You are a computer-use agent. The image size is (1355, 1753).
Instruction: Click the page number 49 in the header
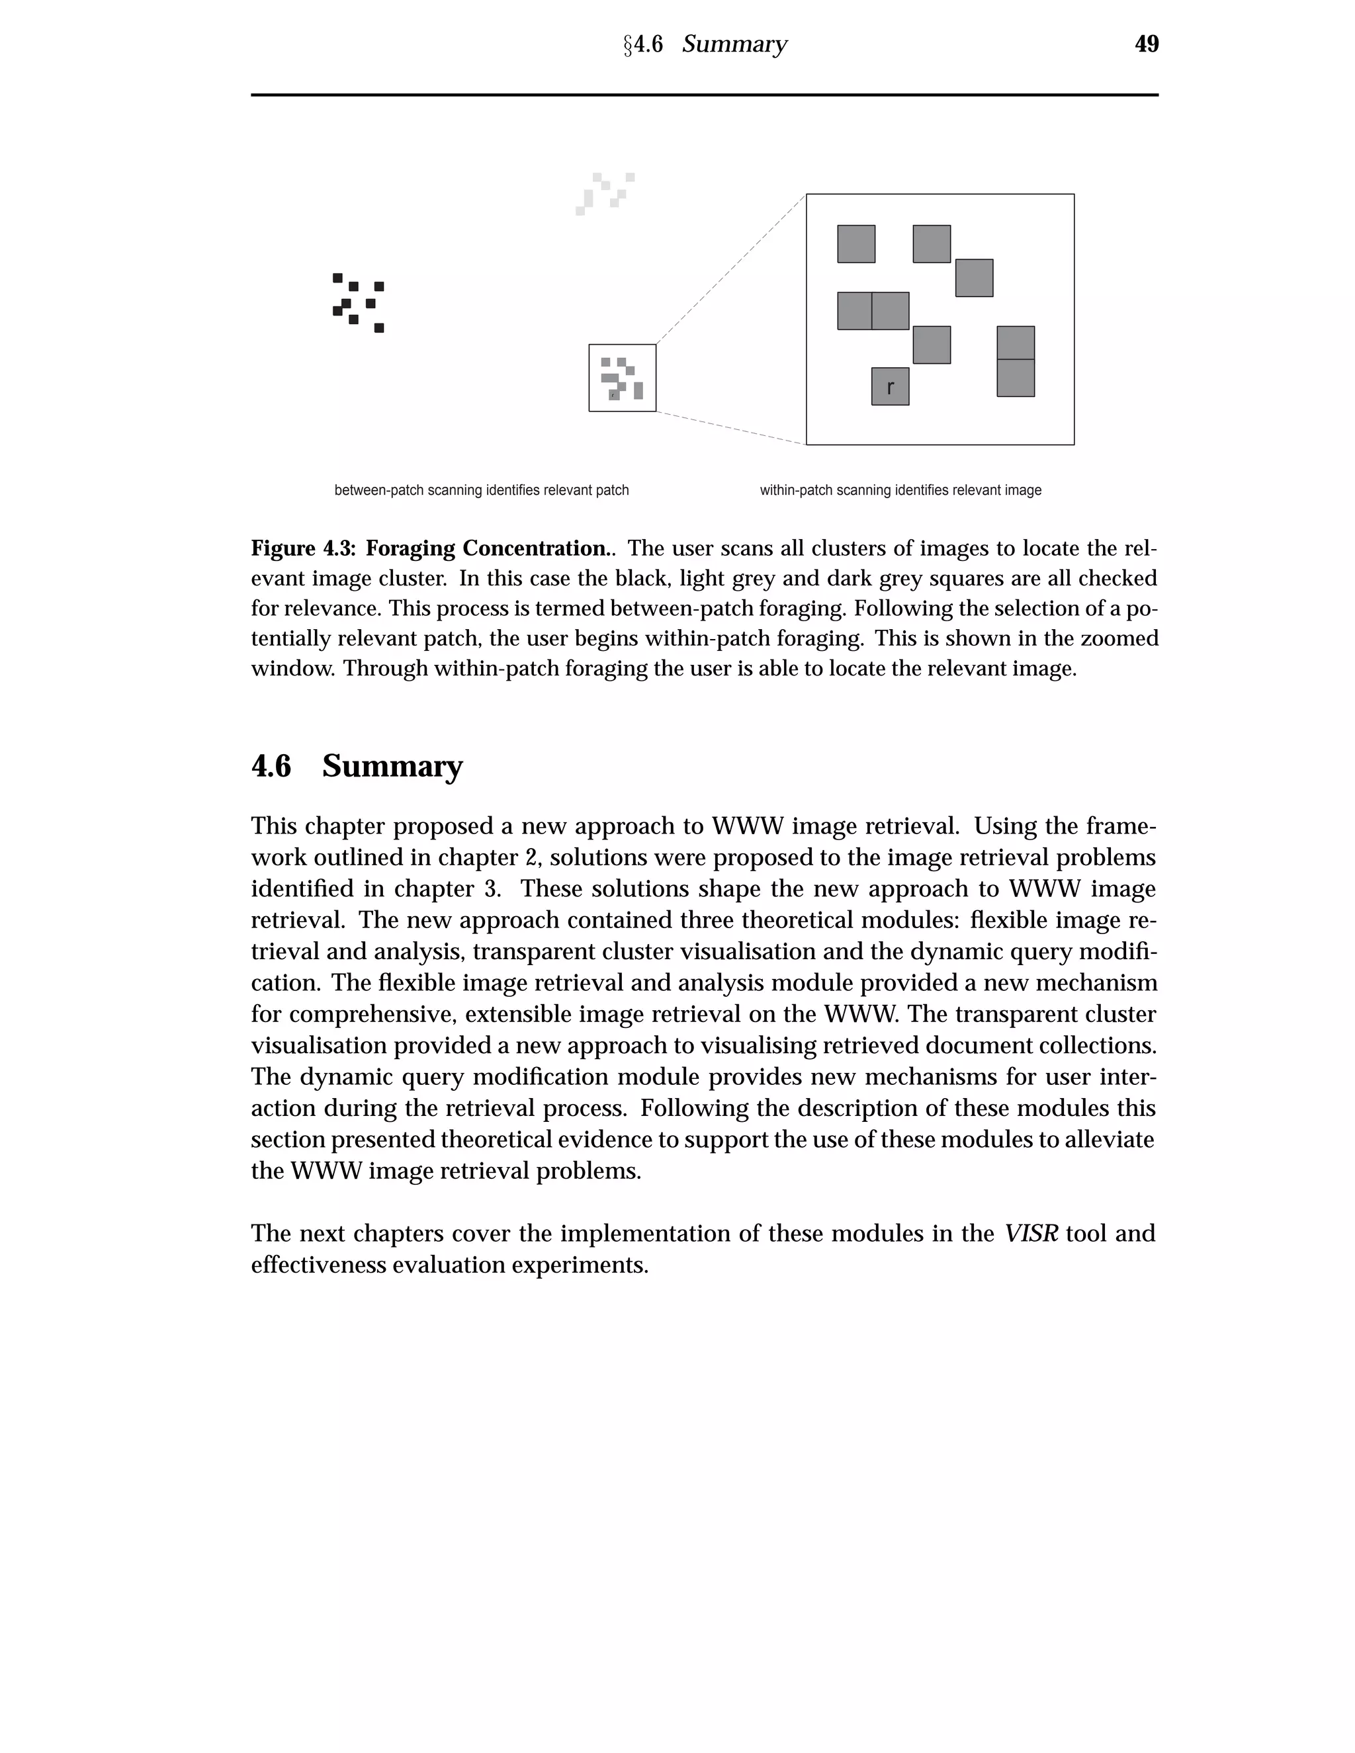(x=1147, y=44)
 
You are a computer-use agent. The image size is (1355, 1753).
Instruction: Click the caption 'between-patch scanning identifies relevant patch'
(x=482, y=490)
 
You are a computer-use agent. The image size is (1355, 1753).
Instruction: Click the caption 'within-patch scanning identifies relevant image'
(x=900, y=490)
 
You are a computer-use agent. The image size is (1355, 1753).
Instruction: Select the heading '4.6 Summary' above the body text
(x=357, y=766)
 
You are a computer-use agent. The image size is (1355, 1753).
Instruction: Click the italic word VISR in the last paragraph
(x=1031, y=1233)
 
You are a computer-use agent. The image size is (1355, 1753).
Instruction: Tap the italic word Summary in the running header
(x=734, y=44)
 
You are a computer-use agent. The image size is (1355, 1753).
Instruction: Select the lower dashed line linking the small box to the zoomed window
(x=730, y=428)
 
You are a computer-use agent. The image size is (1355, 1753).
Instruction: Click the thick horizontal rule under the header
(x=704, y=95)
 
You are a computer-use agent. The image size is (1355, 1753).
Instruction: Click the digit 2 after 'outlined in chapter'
(x=530, y=858)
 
